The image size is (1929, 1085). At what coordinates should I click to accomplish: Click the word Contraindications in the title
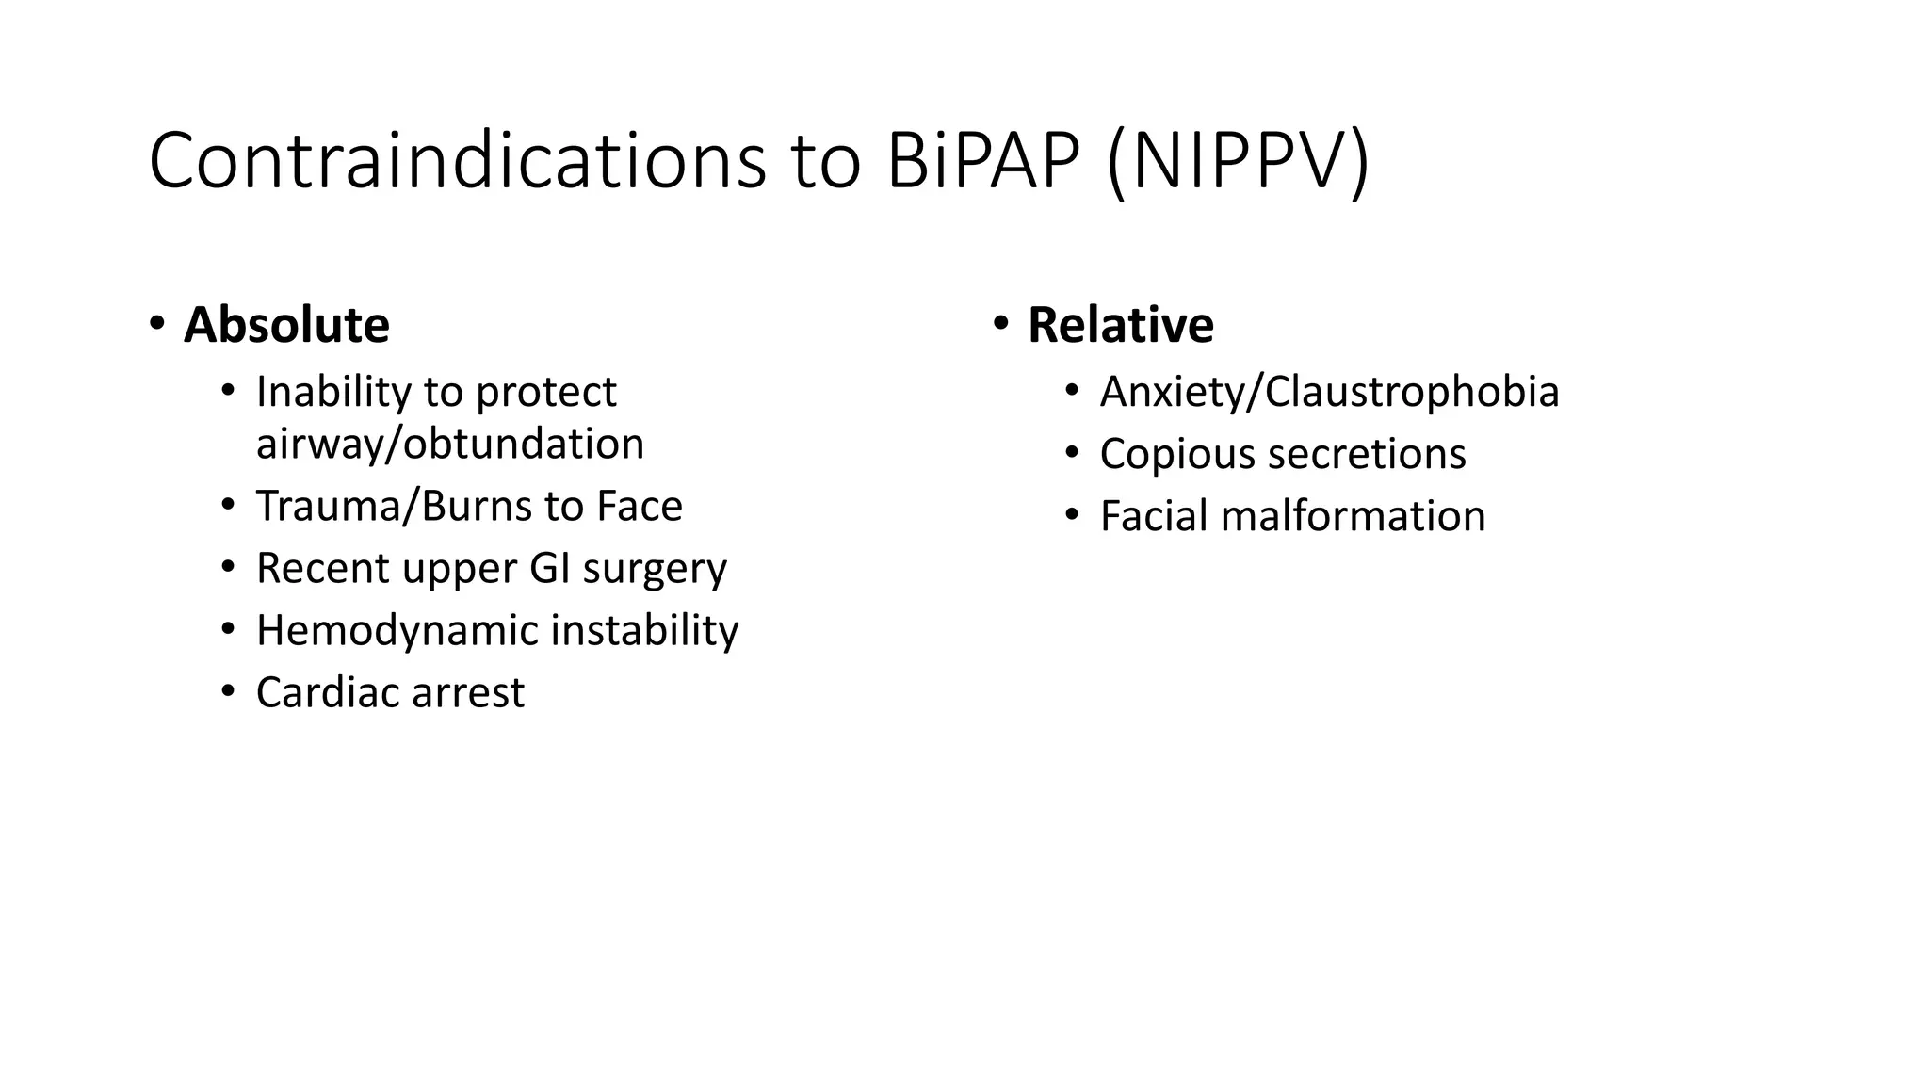[457, 162]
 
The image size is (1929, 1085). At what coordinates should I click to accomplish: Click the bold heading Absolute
[286, 325]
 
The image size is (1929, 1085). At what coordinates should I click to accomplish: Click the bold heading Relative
[1120, 325]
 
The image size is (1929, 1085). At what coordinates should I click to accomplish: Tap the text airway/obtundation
[450, 444]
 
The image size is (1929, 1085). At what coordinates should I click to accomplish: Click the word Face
[639, 506]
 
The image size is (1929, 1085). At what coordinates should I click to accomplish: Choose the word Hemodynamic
[397, 630]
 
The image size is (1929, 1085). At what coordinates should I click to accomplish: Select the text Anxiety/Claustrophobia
[1329, 392]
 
